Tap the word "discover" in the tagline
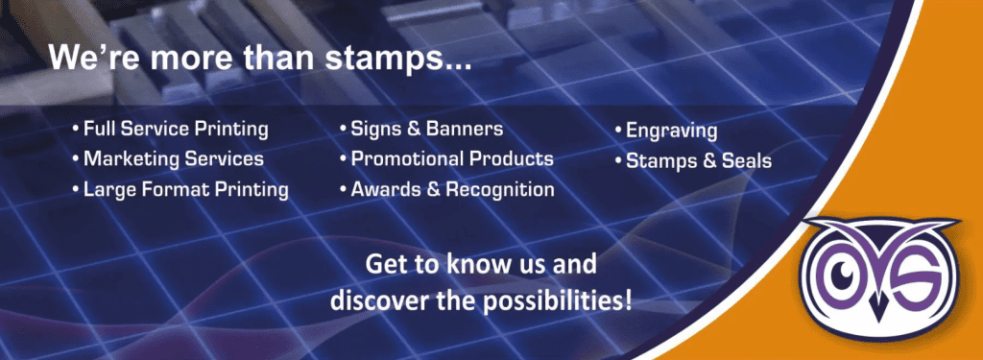372,299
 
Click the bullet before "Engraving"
619,131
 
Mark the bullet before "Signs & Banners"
343,128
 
